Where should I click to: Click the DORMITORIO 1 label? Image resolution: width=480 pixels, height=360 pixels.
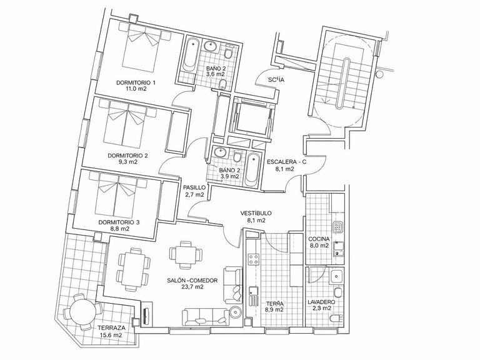[136, 82]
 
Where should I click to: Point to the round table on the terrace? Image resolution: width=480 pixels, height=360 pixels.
[81, 311]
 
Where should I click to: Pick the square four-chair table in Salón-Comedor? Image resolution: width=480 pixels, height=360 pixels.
[186, 254]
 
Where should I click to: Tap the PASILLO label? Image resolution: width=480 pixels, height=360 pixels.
[194, 187]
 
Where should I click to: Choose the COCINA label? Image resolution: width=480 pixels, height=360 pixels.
[318, 239]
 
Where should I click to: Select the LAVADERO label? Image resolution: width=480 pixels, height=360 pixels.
[322, 301]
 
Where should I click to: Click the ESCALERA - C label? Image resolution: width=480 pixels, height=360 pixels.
[287, 162]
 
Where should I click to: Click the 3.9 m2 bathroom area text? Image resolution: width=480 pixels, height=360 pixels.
[231, 176]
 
